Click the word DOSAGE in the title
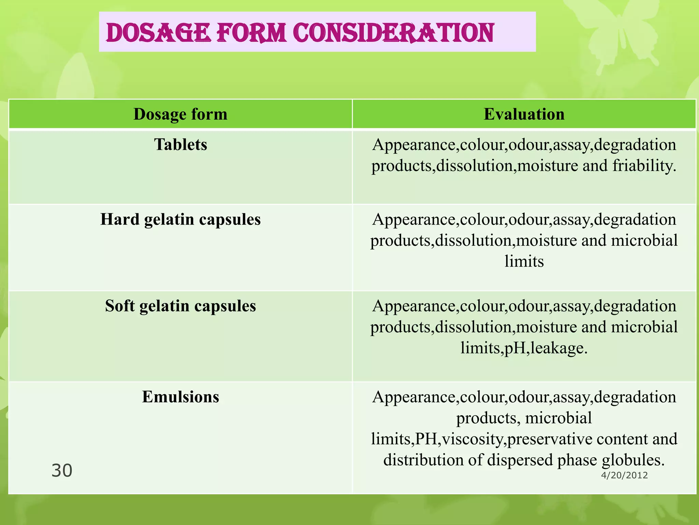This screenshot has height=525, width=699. (x=158, y=33)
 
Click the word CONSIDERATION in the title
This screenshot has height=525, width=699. (x=393, y=33)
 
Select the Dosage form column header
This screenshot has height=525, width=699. (x=180, y=114)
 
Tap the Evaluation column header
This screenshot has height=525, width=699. (x=524, y=114)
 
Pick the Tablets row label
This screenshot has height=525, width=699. (x=180, y=145)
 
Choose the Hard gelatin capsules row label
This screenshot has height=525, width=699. (x=180, y=219)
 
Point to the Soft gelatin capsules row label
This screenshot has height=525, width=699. (x=180, y=306)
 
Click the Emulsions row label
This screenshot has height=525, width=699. (x=180, y=397)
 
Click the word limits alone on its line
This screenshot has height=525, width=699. (x=524, y=261)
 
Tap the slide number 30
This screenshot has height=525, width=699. (x=62, y=471)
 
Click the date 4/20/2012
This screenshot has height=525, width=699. (x=624, y=475)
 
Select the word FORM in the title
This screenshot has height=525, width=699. (x=251, y=33)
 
